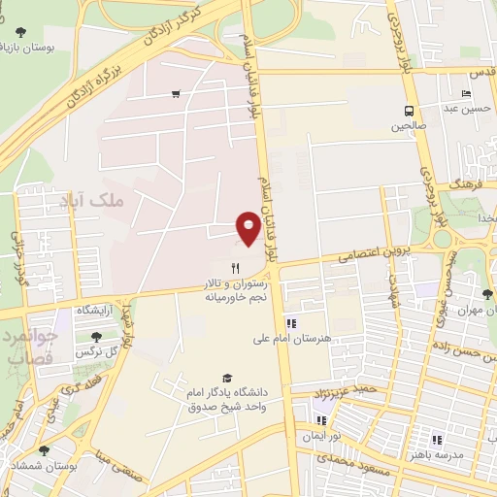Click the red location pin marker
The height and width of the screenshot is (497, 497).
point(249,226)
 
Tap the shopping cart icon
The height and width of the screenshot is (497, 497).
point(176,94)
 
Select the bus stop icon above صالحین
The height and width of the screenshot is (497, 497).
point(409,110)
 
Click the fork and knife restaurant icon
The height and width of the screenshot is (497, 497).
point(235,268)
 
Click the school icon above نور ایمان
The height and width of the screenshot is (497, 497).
point(322,421)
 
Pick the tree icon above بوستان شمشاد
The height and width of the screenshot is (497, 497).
point(44,450)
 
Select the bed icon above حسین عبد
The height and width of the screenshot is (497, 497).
point(468,93)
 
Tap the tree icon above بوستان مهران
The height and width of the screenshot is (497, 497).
point(486,293)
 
